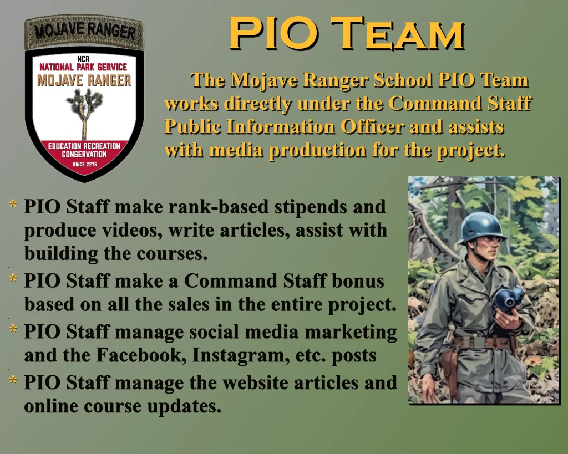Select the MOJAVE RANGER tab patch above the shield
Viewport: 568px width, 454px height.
tap(84, 33)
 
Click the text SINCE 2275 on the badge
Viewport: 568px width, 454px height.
tap(84, 165)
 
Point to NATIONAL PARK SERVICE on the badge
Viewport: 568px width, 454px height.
tap(83, 67)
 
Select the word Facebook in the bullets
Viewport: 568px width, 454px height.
tap(141, 355)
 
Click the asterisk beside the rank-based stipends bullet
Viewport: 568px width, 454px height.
tap(13, 204)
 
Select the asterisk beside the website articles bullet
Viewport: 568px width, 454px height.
tap(13, 379)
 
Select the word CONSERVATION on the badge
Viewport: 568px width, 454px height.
tap(84, 155)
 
